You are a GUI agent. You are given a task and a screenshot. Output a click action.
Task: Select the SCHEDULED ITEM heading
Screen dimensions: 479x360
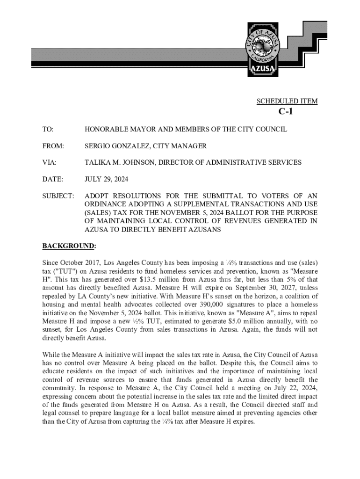pyautogui.click(x=287, y=101)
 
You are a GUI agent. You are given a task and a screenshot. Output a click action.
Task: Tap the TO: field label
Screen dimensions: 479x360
pyautogui.click(x=48, y=129)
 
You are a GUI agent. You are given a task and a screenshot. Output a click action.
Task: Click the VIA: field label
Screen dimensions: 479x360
pyautogui.click(x=49, y=162)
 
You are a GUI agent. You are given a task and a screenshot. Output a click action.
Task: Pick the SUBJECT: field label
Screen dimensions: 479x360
pyautogui.click(x=58, y=196)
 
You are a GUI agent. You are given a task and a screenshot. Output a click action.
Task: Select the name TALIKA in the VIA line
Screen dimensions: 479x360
pyautogui.click(x=96, y=162)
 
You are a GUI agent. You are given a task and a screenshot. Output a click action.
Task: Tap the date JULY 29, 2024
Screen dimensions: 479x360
pyautogui.click(x=106, y=179)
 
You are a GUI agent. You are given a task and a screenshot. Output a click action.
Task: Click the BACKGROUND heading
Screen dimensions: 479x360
pyautogui.click(x=69, y=246)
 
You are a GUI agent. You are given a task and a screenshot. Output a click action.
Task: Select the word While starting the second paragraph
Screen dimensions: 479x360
pyautogui.click(x=51, y=354)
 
